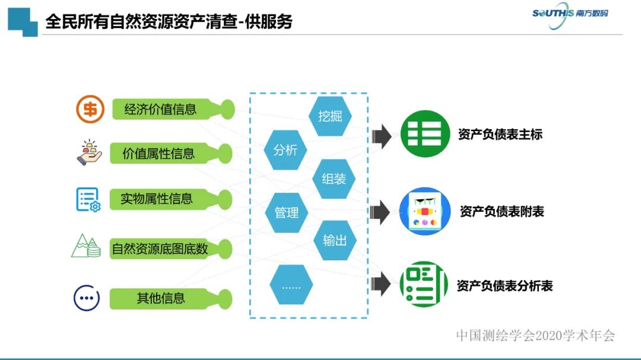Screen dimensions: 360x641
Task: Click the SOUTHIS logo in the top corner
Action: pos(570,13)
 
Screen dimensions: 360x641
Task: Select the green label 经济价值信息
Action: pos(160,110)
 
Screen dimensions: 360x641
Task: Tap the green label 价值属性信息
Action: pos(158,154)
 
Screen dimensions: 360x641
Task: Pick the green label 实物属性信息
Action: pos(157,199)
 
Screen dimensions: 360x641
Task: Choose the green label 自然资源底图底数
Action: pos(160,249)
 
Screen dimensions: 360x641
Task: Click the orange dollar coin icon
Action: pos(90,110)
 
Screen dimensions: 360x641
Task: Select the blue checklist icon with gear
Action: pos(88,199)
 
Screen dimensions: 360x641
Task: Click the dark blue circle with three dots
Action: pos(87,298)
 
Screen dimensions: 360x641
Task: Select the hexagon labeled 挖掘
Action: pos(330,116)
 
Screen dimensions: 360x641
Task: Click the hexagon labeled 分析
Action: pos(285,150)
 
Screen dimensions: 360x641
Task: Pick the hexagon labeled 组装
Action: pos(334,179)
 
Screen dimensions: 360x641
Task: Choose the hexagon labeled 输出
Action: pos(335,241)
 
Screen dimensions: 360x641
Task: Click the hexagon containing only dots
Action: pos(291,286)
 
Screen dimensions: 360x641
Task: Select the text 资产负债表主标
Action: pos(500,135)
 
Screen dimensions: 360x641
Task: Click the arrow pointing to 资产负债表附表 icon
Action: pos(380,211)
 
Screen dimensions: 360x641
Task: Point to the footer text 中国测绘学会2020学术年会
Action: pos(535,336)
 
